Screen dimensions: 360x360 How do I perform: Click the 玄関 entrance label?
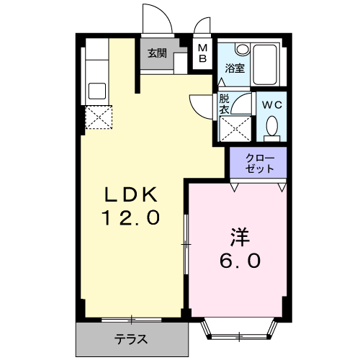157,53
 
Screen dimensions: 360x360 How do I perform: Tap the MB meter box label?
203,53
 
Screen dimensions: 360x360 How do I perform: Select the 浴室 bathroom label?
235,68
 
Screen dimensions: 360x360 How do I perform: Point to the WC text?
271,105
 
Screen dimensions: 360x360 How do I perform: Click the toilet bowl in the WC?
272,125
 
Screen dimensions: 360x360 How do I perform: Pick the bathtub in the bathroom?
265,64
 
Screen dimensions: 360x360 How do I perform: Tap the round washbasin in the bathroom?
242,49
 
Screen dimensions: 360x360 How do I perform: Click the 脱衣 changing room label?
225,104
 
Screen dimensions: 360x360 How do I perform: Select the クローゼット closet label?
260,163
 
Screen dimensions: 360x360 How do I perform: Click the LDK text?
131,194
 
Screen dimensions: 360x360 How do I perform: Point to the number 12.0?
131,217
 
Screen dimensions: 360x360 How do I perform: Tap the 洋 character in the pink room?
240,237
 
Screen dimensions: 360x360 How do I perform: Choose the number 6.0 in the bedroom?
240,261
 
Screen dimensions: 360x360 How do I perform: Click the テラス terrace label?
130,339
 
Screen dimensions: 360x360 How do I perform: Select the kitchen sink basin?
97,91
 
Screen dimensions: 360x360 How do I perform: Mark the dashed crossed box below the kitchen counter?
99,117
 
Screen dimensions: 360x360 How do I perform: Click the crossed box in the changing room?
235,129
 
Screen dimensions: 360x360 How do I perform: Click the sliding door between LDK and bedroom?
186,244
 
